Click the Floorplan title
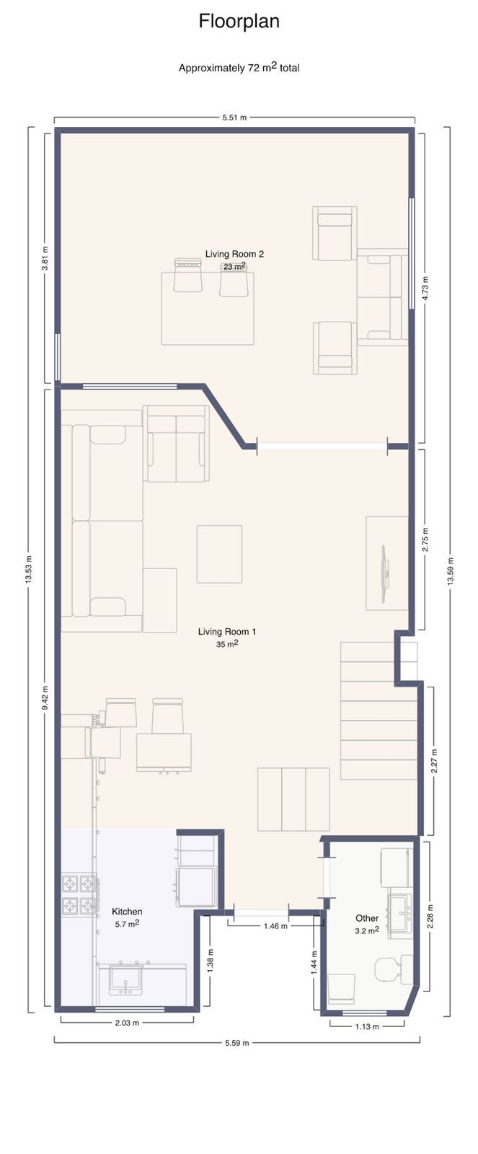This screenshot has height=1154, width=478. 239,22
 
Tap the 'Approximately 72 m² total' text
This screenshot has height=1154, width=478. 239,68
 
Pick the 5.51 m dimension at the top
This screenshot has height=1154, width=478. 234,118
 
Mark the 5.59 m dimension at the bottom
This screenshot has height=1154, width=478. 236,1042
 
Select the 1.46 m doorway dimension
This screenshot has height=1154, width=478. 275,926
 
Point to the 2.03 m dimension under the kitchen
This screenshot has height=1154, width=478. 127,1022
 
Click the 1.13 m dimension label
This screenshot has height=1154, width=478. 367,1026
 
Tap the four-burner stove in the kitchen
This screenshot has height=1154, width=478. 79,894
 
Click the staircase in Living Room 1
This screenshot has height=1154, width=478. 377,710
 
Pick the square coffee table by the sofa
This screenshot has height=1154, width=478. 219,554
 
